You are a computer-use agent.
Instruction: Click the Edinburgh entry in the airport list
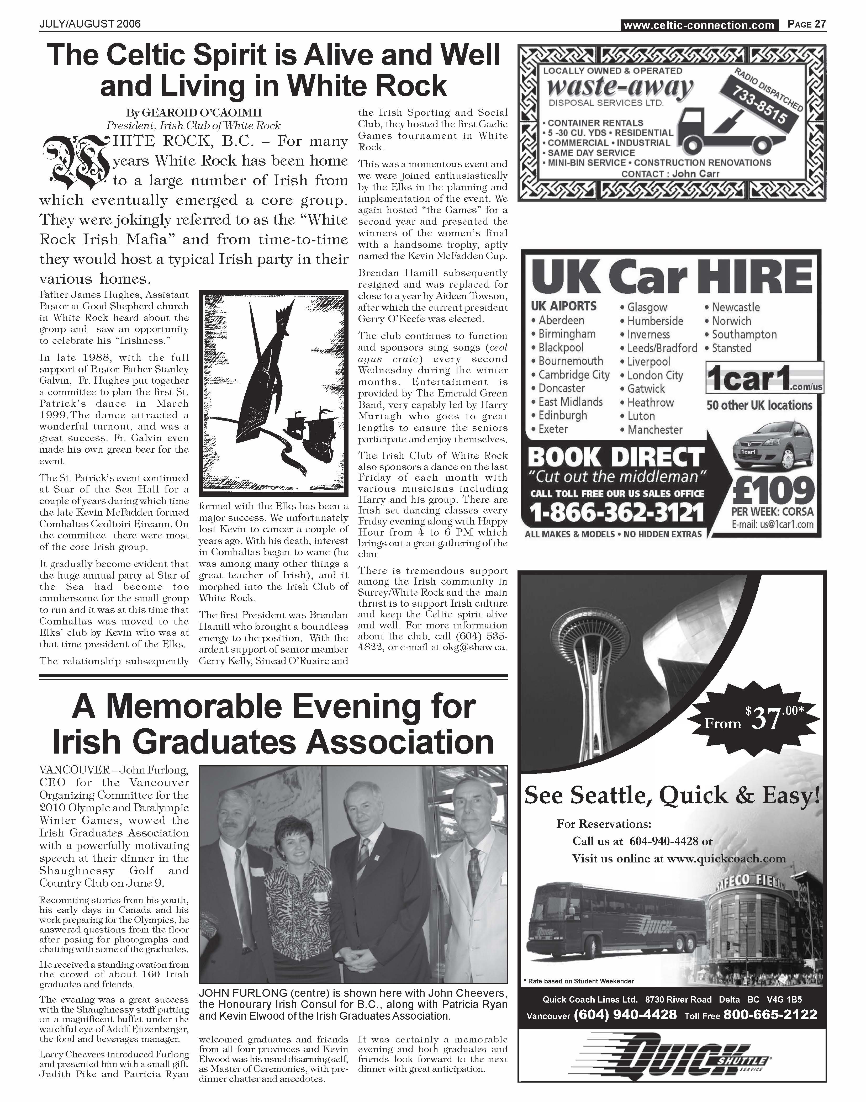coord(562,415)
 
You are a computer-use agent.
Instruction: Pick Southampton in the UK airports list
coord(744,335)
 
